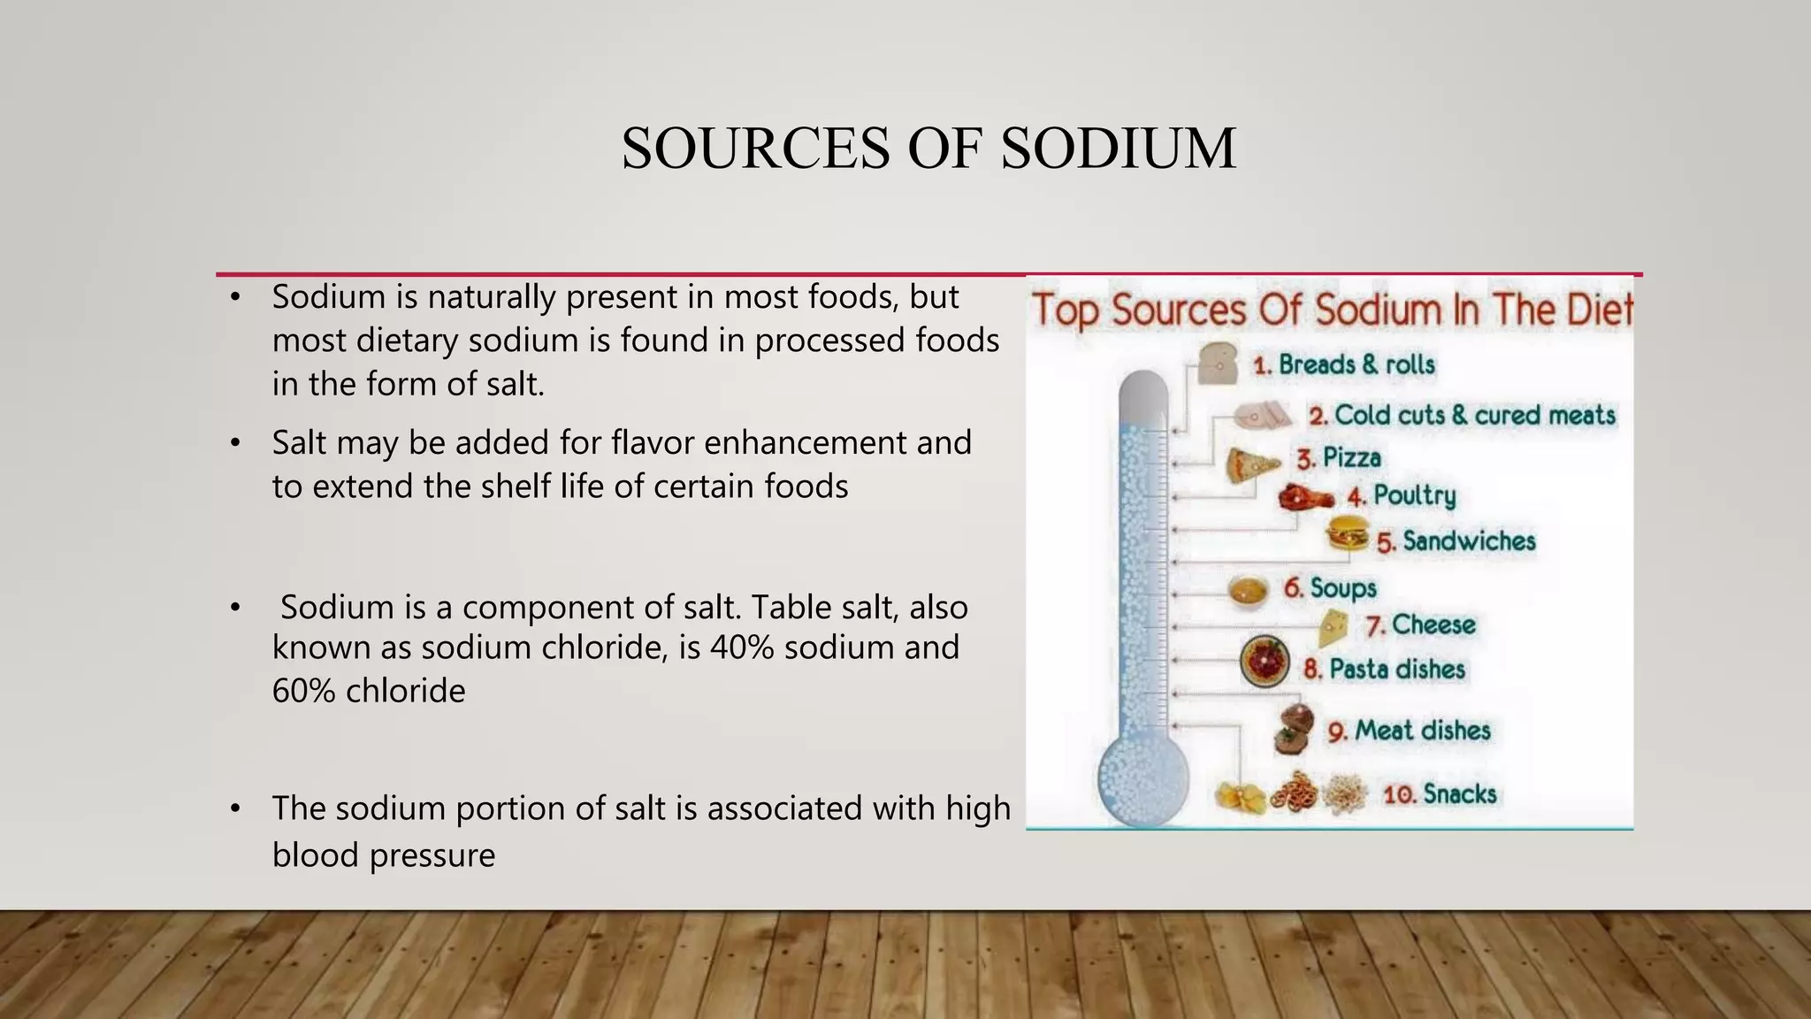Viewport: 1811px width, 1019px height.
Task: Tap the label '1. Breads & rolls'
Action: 1344,364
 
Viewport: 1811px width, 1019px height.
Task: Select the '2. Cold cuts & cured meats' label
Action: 1463,415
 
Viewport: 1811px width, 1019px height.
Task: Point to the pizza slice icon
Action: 1250,464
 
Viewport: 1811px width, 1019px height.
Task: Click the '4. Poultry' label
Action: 1402,495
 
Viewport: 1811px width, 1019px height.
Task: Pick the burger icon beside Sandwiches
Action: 1348,536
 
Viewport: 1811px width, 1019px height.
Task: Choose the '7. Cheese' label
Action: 1420,625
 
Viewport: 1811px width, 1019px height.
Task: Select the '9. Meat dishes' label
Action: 1409,731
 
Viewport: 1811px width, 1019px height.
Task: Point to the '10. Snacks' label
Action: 1440,794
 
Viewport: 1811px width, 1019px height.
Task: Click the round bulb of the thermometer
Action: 1142,779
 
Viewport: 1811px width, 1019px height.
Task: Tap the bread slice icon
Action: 1217,363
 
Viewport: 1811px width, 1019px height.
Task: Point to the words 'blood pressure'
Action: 383,855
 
